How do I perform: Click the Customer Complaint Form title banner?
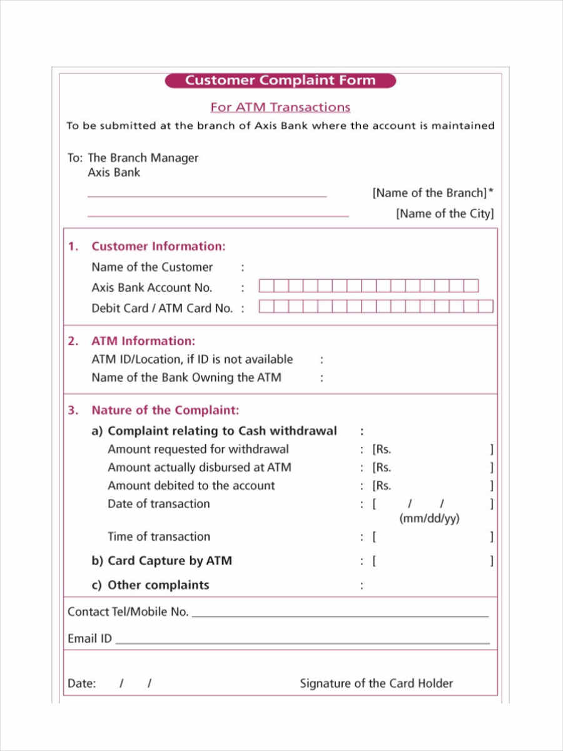coord(280,80)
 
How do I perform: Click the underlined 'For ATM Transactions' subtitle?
coord(280,107)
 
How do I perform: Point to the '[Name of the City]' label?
coord(445,213)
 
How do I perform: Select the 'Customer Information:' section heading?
coord(158,247)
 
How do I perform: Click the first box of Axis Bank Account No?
coord(266,286)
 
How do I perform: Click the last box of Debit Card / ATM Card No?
coord(486,307)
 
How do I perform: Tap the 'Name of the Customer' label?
coord(152,267)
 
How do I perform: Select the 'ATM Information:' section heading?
coord(143,341)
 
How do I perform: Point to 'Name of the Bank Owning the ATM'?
coord(186,377)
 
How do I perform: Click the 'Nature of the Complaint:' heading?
coord(165,411)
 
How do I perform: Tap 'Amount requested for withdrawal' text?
coord(198,449)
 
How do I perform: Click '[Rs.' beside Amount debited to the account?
coord(382,486)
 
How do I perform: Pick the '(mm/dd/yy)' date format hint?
coord(429,519)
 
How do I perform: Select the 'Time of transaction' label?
coord(159,536)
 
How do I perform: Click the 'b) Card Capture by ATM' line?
coord(161,561)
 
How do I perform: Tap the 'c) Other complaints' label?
coord(150,585)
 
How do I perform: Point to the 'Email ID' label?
coord(89,639)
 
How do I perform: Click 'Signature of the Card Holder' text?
coord(376,683)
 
